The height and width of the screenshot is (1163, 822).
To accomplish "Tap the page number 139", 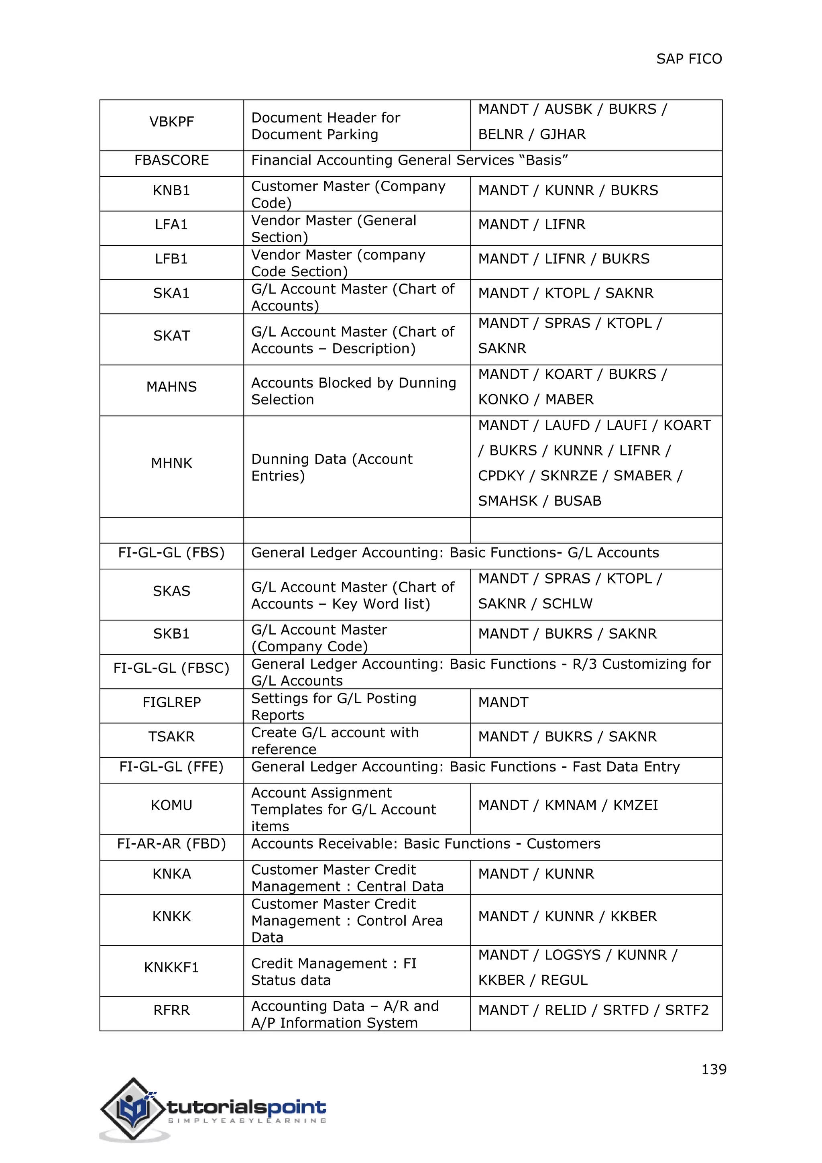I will point(713,1069).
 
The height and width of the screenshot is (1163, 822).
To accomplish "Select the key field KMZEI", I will point(635,806).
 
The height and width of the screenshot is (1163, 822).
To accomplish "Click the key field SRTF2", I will point(686,1010).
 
